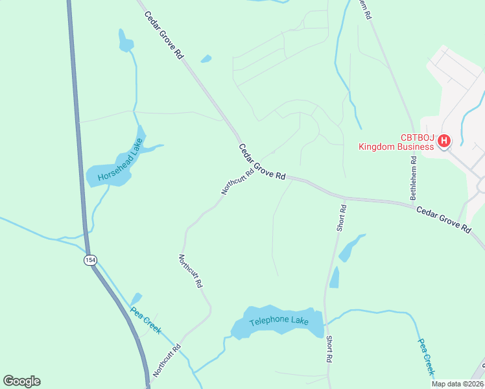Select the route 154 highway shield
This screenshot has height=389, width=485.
pos(89,260)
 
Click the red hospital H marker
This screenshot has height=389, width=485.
pos(445,141)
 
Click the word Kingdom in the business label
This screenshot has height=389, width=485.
pos(379,147)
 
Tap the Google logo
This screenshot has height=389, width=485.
pos(21,381)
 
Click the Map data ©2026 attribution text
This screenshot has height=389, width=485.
pos(458,384)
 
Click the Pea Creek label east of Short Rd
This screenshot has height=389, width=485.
pos(425,357)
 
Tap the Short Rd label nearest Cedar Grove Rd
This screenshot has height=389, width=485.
pos(342,218)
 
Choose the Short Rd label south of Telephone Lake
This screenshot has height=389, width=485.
pos(330,349)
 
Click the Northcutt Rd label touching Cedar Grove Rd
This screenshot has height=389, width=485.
pos(237,182)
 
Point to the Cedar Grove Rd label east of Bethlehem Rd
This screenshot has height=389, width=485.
pos(444,219)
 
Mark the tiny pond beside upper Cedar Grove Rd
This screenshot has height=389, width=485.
pos(206,59)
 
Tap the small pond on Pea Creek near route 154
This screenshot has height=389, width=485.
pos(136,299)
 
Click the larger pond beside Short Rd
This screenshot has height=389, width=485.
pos(351,248)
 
